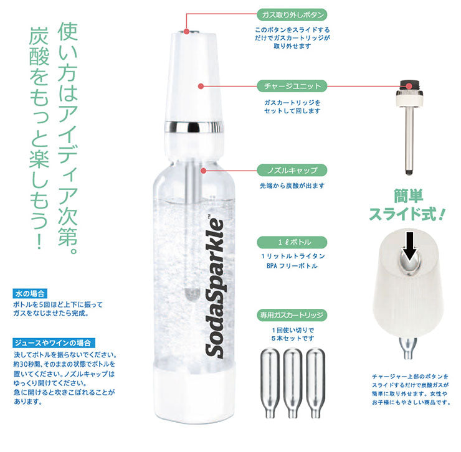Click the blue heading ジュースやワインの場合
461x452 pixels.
click(52, 343)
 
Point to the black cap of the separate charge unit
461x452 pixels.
click(408, 83)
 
